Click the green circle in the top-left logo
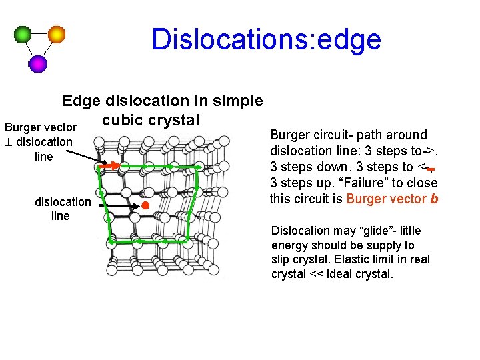(23, 34)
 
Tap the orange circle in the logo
(57, 34)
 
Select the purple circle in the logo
(38, 63)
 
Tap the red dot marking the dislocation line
(145, 206)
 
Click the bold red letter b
(434, 199)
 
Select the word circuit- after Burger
(331, 135)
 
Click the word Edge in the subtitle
(79, 101)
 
